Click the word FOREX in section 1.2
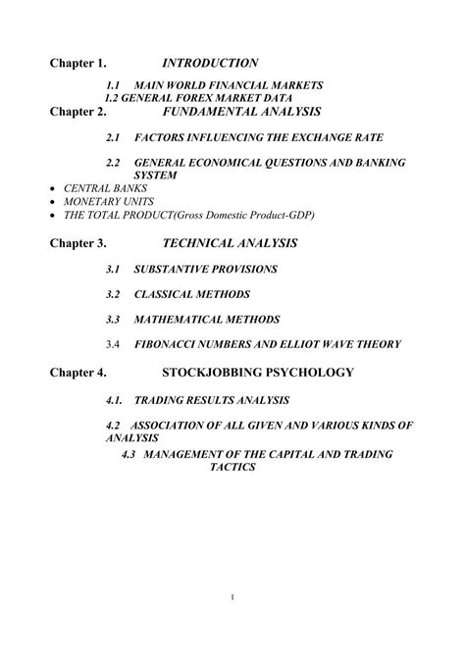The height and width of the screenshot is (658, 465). click(196, 99)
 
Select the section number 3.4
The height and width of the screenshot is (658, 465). click(113, 344)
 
